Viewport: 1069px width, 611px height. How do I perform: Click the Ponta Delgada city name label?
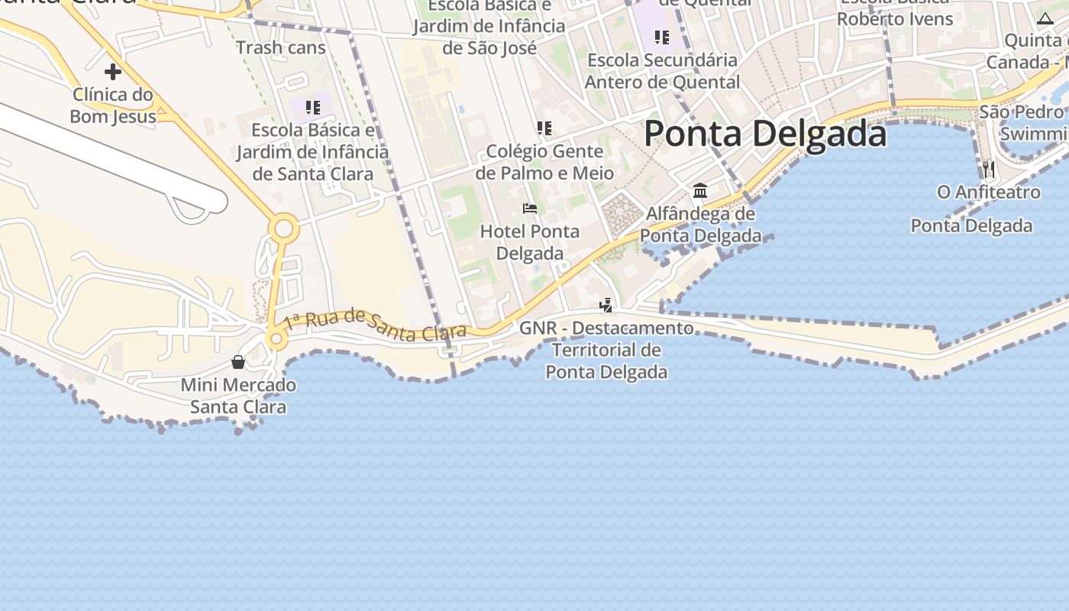pos(765,134)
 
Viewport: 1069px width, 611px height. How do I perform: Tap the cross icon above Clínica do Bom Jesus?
pos(113,72)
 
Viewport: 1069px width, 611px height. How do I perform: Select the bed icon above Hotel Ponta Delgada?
pos(530,208)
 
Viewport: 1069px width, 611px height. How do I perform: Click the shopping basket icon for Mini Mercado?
pos(238,361)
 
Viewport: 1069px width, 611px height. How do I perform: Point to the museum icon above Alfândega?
pos(700,189)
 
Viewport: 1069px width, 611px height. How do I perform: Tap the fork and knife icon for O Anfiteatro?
pos(989,168)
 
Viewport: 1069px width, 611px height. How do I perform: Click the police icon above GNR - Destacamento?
pos(606,305)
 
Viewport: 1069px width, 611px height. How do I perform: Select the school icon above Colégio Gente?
pos(544,128)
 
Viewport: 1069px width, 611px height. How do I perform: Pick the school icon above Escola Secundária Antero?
pos(662,37)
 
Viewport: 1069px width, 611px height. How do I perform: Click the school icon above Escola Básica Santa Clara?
pos(312,107)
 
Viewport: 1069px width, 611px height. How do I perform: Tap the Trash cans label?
pos(280,47)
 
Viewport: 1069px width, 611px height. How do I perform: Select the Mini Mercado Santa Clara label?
pos(238,396)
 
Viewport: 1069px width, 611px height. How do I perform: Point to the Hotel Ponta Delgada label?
pos(530,242)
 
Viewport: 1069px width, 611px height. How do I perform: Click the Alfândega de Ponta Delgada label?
pos(700,225)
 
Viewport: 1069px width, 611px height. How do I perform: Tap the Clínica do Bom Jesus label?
pos(113,105)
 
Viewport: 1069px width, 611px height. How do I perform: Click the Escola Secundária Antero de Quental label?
pos(662,70)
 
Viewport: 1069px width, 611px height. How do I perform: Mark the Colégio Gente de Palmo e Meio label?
pos(544,162)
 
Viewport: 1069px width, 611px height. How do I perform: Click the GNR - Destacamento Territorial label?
pos(606,350)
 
